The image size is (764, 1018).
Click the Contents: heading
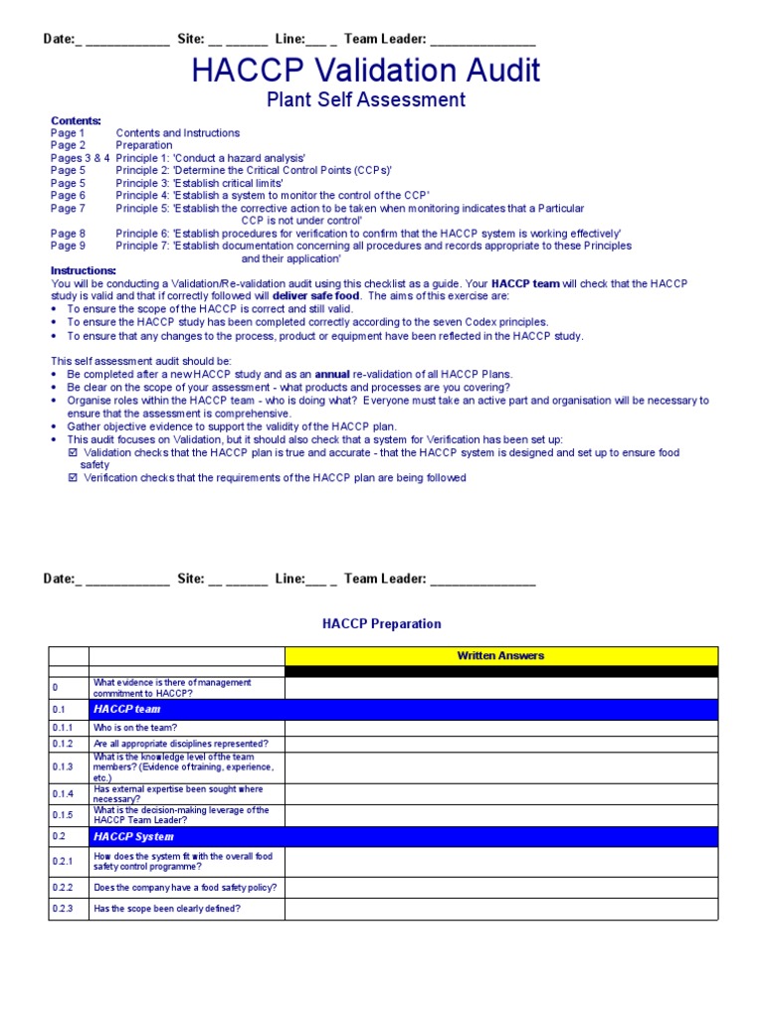pyautogui.click(x=76, y=120)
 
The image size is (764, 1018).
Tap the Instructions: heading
pyautogui.click(x=84, y=270)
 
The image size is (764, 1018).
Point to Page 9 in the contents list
pyautogui.click(x=68, y=246)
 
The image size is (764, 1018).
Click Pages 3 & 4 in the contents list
pyautogui.click(x=80, y=158)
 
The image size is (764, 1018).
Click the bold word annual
pyautogui.click(x=332, y=374)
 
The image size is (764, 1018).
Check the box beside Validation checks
pyautogui.click(x=72, y=452)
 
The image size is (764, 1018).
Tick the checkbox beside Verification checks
pyautogui.click(x=72, y=477)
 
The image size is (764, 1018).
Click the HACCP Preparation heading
pyautogui.click(x=381, y=624)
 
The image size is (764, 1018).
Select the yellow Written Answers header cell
pyautogui.click(x=500, y=656)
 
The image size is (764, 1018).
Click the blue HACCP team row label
pyautogui.click(x=126, y=710)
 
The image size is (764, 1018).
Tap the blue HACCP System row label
pyautogui.click(x=133, y=837)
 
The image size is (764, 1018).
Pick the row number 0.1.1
pyautogui.click(x=64, y=728)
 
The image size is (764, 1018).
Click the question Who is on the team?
pyautogui.click(x=135, y=728)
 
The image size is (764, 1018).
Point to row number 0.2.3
pyautogui.click(x=64, y=909)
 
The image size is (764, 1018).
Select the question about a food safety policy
pyautogui.click(x=185, y=887)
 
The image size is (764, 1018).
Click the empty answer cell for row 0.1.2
pyautogui.click(x=500, y=744)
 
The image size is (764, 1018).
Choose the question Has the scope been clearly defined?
pyautogui.click(x=167, y=909)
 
